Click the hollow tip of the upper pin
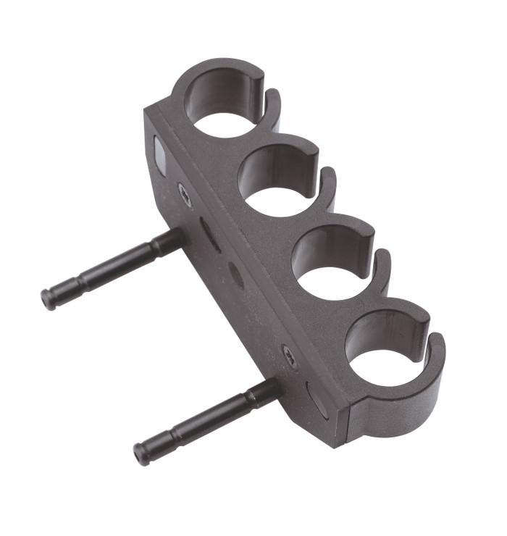48,298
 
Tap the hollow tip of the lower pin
141,453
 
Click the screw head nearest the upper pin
185,193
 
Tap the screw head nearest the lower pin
290,356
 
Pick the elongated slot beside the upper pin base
211,235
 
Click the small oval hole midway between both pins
236,275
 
